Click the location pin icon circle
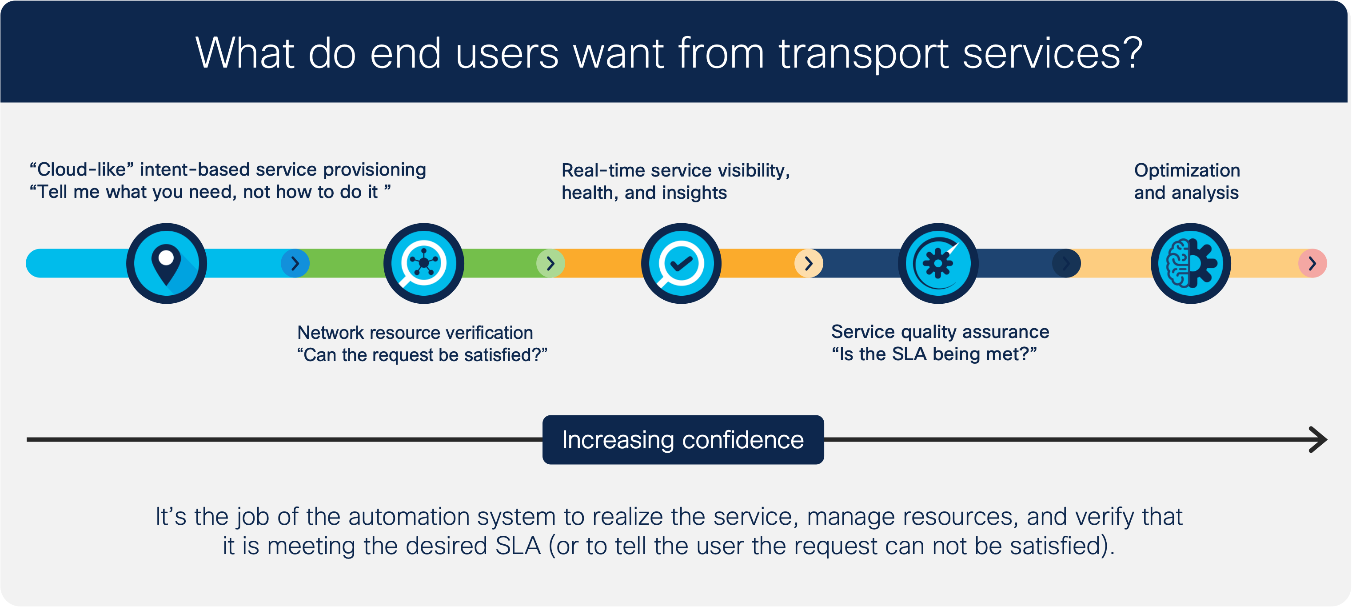pos(166,263)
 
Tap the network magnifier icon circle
pos(423,263)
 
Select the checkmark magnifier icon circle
pos(681,263)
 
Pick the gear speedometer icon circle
pos(938,263)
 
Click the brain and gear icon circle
pos(1190,263)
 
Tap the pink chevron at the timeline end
pos(1312,263)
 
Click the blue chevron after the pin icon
pos(295,263)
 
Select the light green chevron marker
pos(550,263)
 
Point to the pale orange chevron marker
pos(808,263)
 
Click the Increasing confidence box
pos(683,439)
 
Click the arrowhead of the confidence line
pos(1318,439)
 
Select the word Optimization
pos(1187,170)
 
